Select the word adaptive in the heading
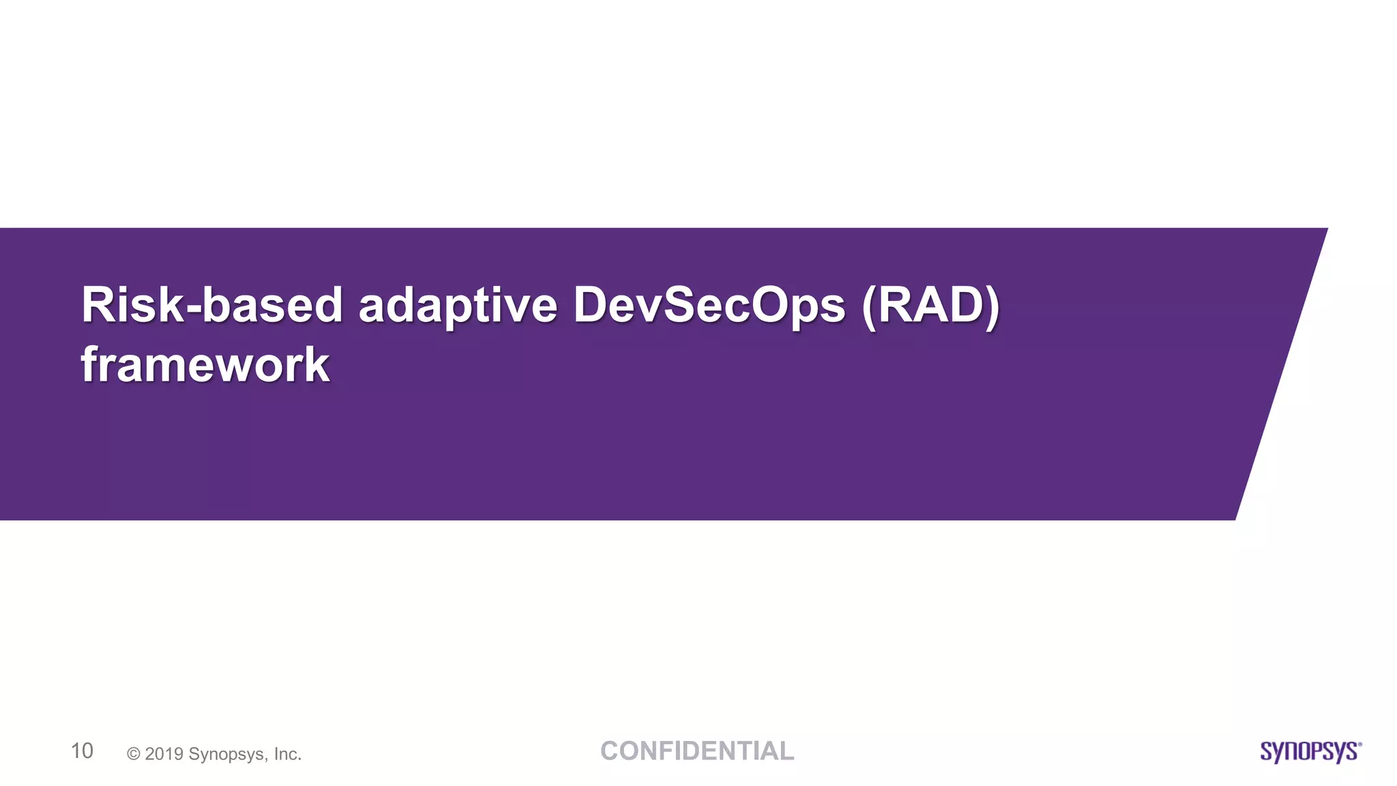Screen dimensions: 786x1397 [x=458, y=306]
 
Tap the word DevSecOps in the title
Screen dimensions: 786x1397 [x=709, y=306]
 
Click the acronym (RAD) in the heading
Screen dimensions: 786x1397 [x=931, y=306]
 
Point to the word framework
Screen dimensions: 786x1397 [x=205, y=365]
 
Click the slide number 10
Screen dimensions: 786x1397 [x=82, y=751]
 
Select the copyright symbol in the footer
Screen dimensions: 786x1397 [x=134, y=754]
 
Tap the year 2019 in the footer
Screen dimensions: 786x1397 [x=164, y=754]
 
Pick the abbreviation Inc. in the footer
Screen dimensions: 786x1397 [x=287, y=754]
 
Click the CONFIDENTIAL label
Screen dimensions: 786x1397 [x=696, y=751]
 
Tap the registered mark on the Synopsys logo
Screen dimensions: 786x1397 [x=1359, y=744]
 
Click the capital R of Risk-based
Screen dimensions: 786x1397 [x=98, y=305]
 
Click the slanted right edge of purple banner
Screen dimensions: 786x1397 [x=1282, y=374]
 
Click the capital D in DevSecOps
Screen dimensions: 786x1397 [x=591, y=305]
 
